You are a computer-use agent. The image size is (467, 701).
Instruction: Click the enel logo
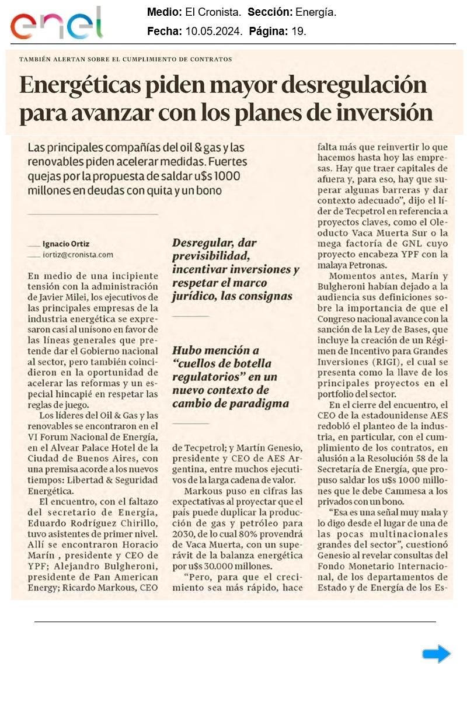coord(56,24)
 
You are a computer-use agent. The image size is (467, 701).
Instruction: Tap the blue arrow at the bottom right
coord(437,654)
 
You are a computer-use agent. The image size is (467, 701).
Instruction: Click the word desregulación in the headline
coord(354,86)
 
